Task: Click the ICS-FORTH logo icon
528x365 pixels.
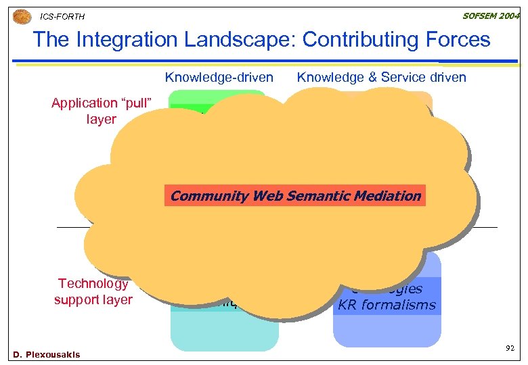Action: [x=22, y=15]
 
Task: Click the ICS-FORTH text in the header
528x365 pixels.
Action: [x=62, y=16]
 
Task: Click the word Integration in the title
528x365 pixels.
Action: [x=135, y=40]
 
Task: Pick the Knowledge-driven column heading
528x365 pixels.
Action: [x=219, y=77]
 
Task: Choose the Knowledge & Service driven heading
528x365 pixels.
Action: [x=381, y=77]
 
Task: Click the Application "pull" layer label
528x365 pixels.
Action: [x=101, y=111]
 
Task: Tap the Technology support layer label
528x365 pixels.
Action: [x=94, y=291]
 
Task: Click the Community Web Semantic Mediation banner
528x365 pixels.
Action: [x=294, y=196]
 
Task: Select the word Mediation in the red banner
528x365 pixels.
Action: [x=389, y=196]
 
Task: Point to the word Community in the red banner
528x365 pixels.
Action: [x=208, y=196]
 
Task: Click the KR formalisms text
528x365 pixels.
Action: [x=387, y=305]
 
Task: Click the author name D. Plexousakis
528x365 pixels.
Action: [x=46, y=354]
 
